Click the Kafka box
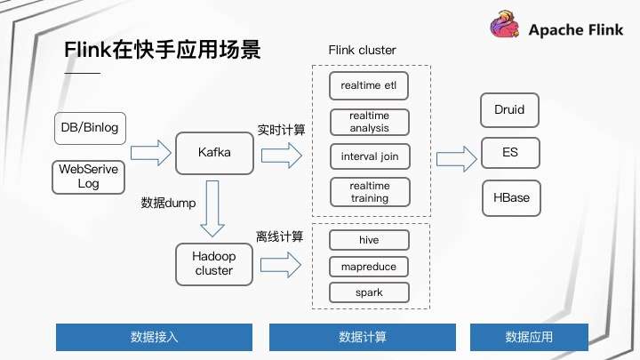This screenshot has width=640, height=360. click(x=214, y=153)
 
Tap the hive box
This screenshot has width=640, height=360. click(x=369, y=240)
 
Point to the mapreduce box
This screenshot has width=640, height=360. click(x=369, y=267)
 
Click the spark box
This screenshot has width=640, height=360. click(x=369, y=292)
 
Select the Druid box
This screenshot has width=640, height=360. click(x=509, y=110)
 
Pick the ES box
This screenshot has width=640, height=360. click(x=509, y=152)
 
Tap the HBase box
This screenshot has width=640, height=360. click(x=510, y=197)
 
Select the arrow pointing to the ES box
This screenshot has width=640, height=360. click(x=456, y=158)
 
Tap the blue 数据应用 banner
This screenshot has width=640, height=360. click(x=529, y=338)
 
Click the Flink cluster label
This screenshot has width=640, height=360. click(x=363, y=50)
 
